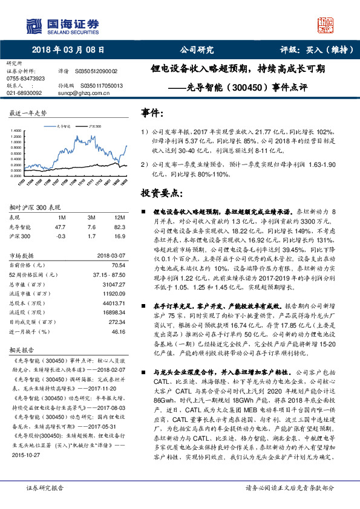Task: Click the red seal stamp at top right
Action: point(326,25)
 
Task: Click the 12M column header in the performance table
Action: point(119,216)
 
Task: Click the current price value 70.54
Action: point(117,265)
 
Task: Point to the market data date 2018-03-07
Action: point(111,256)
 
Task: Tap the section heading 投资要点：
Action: point(162,193)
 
